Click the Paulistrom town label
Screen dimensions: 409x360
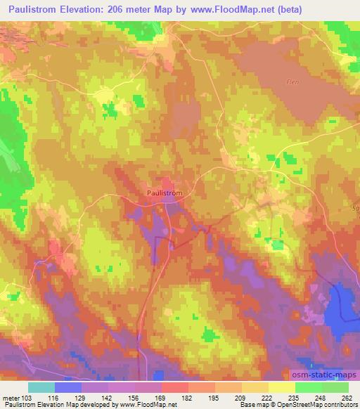(166, 190)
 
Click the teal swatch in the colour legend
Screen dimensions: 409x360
(41, 388)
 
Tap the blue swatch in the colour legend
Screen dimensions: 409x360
(68, 388)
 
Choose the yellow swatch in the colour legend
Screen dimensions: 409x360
(281, 388)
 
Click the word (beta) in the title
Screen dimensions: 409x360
(338, 8)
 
